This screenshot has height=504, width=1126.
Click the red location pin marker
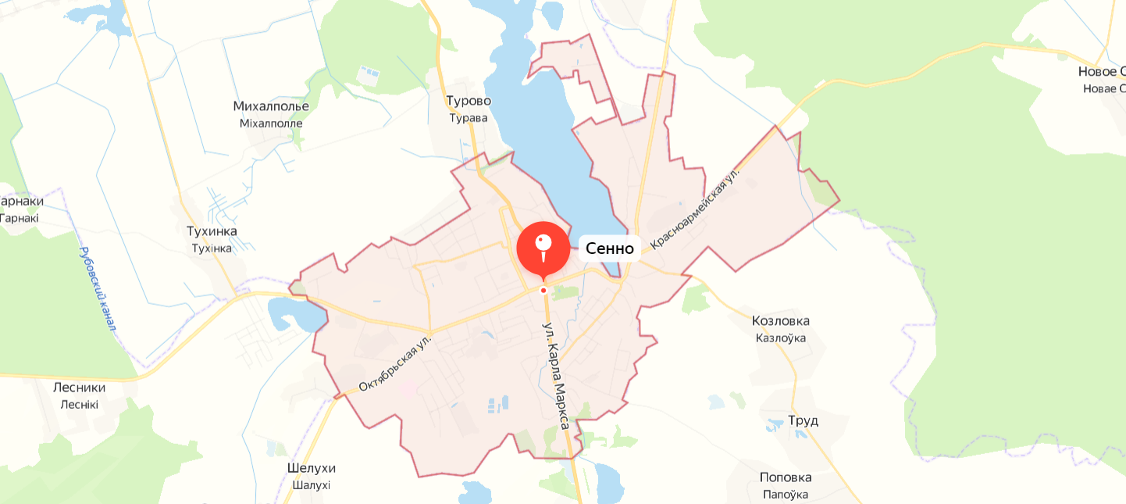[543, 248]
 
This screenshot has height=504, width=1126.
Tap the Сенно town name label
[610, 248]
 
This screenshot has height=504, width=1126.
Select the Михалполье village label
[271, 106]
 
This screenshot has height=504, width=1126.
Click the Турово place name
[469, 101]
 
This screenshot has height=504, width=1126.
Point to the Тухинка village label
[212, 231]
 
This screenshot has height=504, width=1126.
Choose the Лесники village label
[79, 388]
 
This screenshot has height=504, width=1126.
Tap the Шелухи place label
[312, 468]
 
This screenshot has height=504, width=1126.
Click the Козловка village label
[780, 321]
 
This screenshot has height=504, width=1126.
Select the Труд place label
[803, 420]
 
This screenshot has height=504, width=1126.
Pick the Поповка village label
[786, 477]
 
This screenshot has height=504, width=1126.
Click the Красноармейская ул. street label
[694, 207]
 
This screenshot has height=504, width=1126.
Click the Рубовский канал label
[98, 289]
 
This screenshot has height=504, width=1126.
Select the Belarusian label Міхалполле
[271, 123]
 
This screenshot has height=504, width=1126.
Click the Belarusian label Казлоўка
[780, 338]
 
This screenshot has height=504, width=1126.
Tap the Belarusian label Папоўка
[786, 495]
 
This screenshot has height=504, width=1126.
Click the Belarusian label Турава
[469, 118]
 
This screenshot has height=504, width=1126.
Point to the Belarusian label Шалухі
[312, 485]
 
